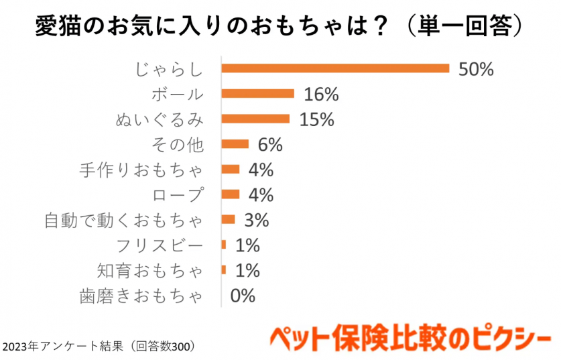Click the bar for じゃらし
pyautogui.click(x=335, y=68)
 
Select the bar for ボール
pyautogui.click(x=258, y=93)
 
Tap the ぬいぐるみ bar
pyautogui.click(x=255, y=119)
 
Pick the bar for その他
pyautogui.click(x=235, y=143)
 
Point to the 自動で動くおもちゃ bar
pyautogui.click(x=229, y=219)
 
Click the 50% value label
pyautogui.click(x=476, y=68)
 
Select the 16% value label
pyautogui.click(x=322, y=94)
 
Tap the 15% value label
pyautogui.click(x=317, y=119)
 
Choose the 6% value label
pyautogui.click(x=270, y=144)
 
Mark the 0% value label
pyautogui.click(x=243, y=296)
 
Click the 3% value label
pyautogui.click(x=256, y=220)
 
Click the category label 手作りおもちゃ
pyautogui.click(x=141, y=170)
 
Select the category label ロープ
pyautogui.click(x=177, y=194)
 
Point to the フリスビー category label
pyautogui.click(x=159, y=245)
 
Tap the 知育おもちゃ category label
pyautogui.click(x=149, y=271)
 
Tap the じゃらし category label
pyautogui.click(x=168, y=68)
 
